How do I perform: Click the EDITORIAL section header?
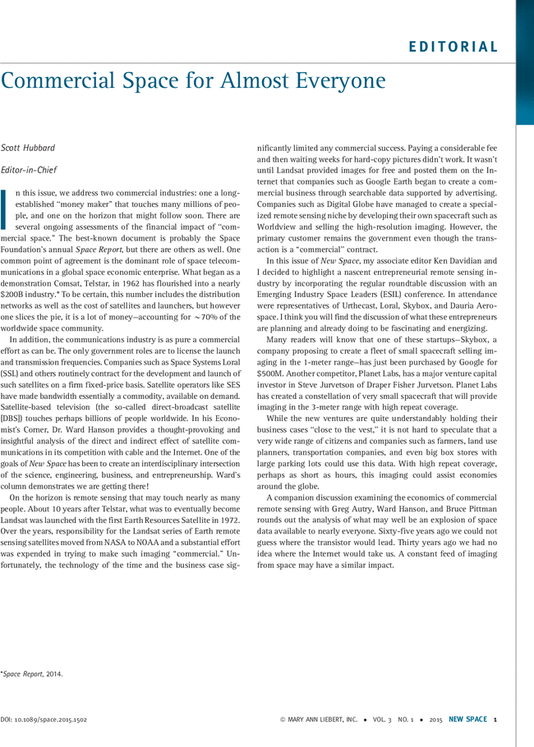click(453, 47)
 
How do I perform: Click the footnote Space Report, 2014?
click(33, 674)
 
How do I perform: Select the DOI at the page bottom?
click(44, 719)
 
